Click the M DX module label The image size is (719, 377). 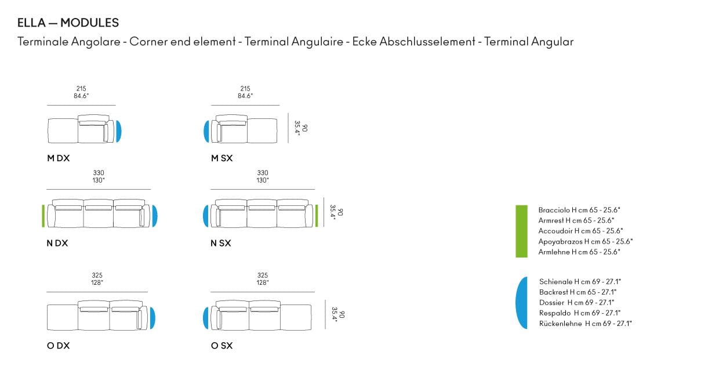point(58,158)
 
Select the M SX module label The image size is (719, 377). point(222,158)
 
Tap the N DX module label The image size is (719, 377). point(57,243)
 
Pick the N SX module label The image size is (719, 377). point(221,243)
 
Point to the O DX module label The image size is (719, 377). point(58,346)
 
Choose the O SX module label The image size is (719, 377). point(222,346)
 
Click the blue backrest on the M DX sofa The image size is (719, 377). point(118,131)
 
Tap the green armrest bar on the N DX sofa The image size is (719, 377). point(43,216)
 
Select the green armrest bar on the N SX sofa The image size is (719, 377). point(317,216)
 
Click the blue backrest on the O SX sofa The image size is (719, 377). point(206,318)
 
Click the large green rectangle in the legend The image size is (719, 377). point(522,231)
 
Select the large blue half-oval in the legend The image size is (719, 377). point(522,303)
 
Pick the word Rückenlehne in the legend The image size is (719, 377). point(561,324)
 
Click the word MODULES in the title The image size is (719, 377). point(89,23)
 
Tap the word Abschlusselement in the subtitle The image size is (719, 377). point(427,41)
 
